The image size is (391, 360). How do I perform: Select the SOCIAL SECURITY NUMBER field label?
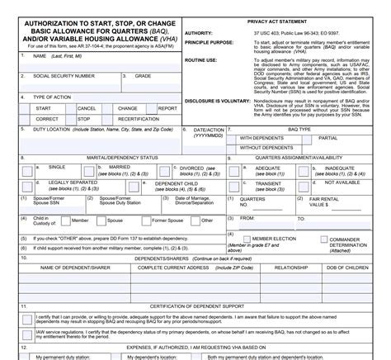(x=64, y=75)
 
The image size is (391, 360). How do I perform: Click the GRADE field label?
(x=144, y=75)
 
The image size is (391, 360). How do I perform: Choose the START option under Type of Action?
(x=44, y=108)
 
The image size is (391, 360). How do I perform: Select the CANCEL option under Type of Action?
(x=87, y=108)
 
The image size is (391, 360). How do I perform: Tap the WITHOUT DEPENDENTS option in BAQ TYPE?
(x=266, y=148)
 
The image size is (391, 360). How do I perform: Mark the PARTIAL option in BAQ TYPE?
(x=328, y=138)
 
